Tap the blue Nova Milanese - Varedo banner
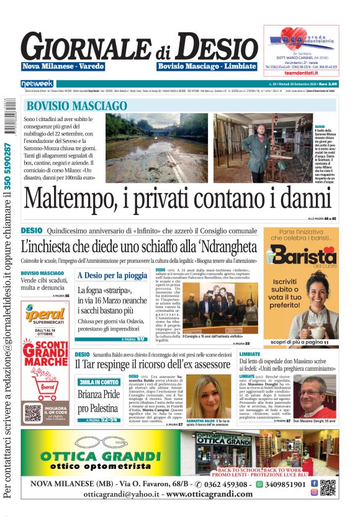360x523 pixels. (63, 66)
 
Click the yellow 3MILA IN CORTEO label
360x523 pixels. (99, 382)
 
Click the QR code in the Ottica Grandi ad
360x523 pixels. (328, 488)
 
